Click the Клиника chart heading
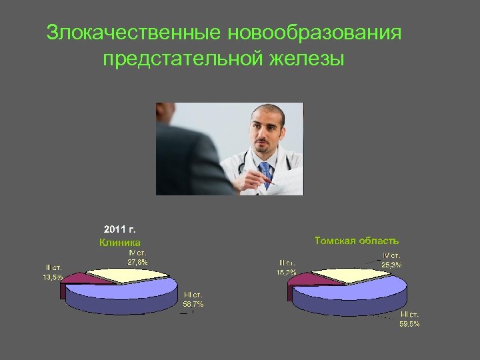coord(120,243)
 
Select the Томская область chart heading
coord(357,240)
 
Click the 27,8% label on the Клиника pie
coord(137,262)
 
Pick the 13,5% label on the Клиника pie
coord(53,277)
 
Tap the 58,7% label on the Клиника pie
coord(193,304)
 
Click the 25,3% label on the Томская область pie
coord(391,265)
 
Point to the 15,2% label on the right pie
coord(287,273)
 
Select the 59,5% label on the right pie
coord(409,324)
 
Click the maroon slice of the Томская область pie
coord(300,280)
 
